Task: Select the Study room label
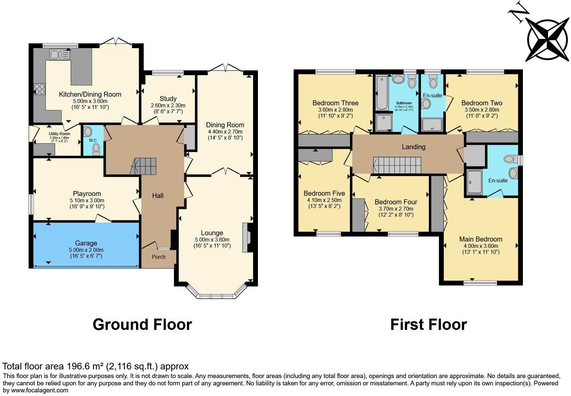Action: pyautogui.click(x=168, y=99)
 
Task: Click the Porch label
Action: pyautogui.click(x=159, y=257)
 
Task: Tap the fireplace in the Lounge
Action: pyautogui.click(x=246, y=238)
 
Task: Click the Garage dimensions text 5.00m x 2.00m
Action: pyautogui.click(x=86, y=250)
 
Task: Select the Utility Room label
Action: pyautogui.click(x=59, y=134)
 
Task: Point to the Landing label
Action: pyautogui.click(x=413, y=147)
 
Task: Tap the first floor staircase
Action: pyautogui.click(x=397, y=165)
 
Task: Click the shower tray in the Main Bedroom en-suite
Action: pyautogui.click(x=474, y=182)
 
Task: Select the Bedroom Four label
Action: pyautogui.click(x=396, y=202)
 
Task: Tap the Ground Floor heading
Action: pyautogui.click(x=142, y=325)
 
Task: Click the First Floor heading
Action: pyautogui.click(x=428, y=325)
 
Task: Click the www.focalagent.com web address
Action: pyautogui.click(x=40, y=390)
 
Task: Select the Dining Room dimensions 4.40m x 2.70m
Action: pyautogui.click(x=225, y=132)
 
